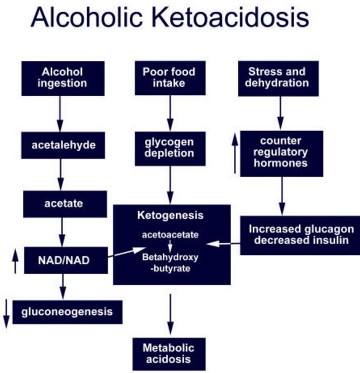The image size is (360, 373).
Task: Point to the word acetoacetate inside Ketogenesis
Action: coord(170,235)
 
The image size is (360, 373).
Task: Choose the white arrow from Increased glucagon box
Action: coord(223,244)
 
